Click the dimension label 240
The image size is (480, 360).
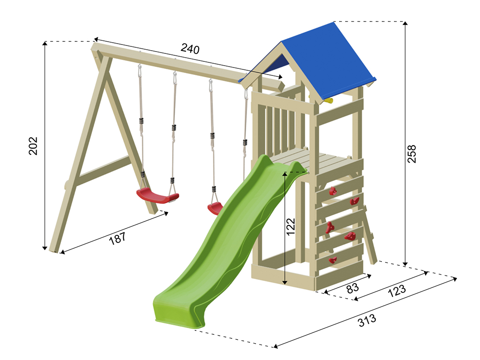190,48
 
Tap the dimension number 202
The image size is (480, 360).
33,146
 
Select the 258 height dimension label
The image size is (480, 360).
412,154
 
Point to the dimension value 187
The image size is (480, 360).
117,238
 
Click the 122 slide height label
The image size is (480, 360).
291,226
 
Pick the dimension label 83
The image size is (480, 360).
352,288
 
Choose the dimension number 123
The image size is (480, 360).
397,291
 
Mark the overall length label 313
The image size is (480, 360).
367,320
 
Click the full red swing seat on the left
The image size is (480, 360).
157,196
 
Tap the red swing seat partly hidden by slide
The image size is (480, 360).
215,209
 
